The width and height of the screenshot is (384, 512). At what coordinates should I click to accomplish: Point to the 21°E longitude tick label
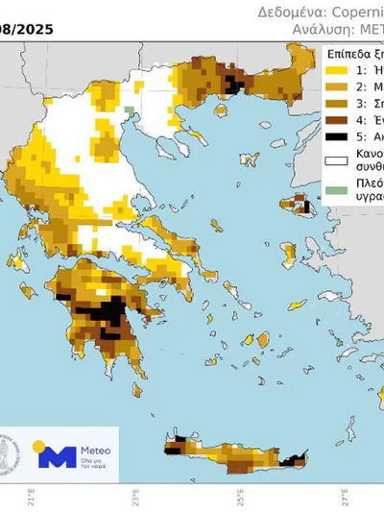[x=31, y=500]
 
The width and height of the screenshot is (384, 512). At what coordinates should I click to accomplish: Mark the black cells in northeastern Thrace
[x=234, y=85]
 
